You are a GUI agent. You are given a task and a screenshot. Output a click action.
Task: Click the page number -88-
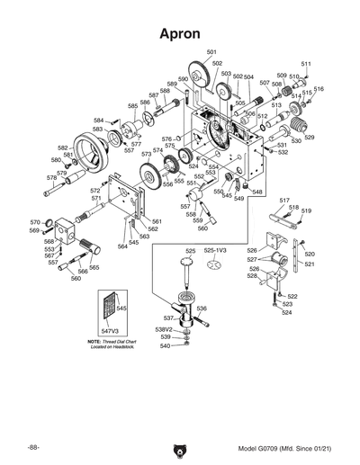[x=33, y=448]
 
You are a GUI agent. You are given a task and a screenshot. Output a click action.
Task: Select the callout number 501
[x=211, y=53]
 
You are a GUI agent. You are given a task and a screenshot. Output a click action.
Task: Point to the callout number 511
[x=306, y=64]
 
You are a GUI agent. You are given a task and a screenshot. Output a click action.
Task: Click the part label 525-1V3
[x=216, y=250]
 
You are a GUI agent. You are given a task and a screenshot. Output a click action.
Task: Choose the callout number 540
[x=165, y=346]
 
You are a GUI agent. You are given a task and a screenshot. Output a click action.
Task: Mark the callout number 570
[x=35, y=222]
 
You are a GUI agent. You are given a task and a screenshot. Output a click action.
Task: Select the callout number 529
[x=309, y=138]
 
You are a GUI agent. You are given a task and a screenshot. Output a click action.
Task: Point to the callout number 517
[x=283, y=200]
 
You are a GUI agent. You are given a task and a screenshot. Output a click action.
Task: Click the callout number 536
[x=202, y=309]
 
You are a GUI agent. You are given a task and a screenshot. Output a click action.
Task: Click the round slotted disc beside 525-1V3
[x=215, y=265]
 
